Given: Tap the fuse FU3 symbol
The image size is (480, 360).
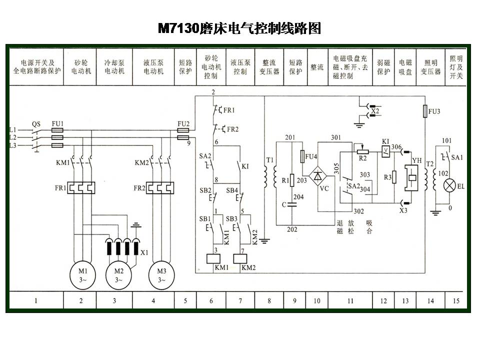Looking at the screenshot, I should point(424,111).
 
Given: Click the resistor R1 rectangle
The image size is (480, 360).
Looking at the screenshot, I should point(291,179).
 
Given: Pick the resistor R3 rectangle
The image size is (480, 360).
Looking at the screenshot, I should point(394,176).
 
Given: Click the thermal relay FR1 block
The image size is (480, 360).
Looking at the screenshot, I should point(81,187).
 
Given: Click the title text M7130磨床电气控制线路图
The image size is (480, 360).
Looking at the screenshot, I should point(239,28).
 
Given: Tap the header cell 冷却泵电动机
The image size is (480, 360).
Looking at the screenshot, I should point(114,67).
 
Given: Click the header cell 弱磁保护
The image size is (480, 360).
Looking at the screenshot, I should point(383,67).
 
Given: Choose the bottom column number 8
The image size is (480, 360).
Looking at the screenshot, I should point(269,300).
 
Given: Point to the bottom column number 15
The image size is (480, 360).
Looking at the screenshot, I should point(456,300).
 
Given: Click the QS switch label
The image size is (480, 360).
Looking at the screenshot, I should point(35,123).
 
